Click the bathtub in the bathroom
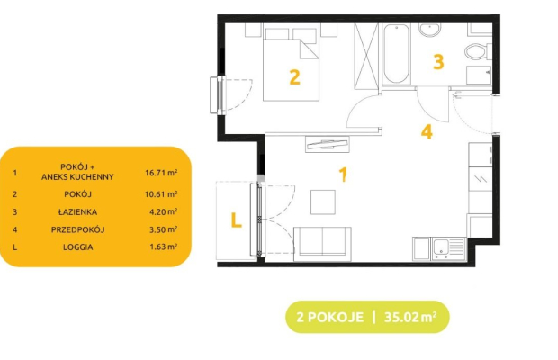click(396, 54)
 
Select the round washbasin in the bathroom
click(429, 30)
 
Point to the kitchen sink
click(448, 248)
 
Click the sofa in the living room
click(322, 244)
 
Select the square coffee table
click(323, 202)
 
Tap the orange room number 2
click(294, 77)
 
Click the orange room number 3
click(438, 61)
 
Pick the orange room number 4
click(427, 131)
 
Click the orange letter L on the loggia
click(237, 220)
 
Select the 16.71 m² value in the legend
click(161, 173)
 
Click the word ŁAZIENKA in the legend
click(78, 212)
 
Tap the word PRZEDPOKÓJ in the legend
click(78, 229)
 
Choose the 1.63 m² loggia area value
click(163, 247)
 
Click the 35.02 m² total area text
click(410, 317)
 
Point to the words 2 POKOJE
click(330, 317)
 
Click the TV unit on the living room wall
click(327, 144)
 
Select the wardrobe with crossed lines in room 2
click(366, 56)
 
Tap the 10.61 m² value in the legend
click(161, 194)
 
